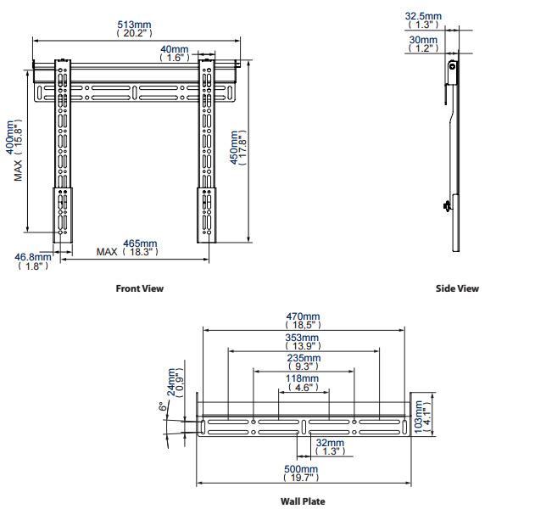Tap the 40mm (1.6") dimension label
tap(176, 53)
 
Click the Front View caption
tap(139, 288)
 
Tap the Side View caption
tap(457, 288)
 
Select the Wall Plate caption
tap(303, 501)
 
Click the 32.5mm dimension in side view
tap(423, 20)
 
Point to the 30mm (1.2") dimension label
tap(423, 43)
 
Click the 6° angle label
tap(161, 406)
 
